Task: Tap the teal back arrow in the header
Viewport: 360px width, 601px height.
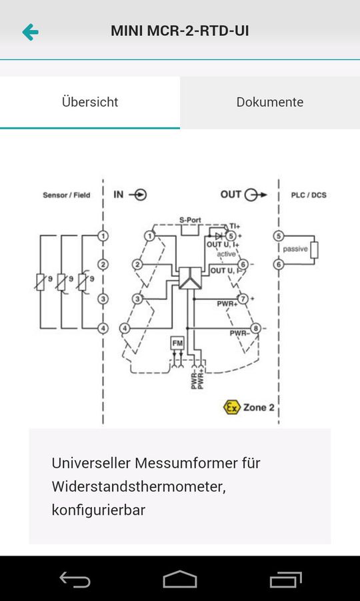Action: [30, 31]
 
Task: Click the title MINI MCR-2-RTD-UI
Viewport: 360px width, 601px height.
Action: [180, 31]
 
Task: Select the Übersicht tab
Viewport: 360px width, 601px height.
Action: [90, 102]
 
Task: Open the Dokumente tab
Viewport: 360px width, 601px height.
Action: [269, 102]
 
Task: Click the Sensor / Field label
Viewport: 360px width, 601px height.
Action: [66, 195]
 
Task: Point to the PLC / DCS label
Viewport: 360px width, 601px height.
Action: [309, 195]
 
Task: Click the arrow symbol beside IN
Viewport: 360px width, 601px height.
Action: [139, 195]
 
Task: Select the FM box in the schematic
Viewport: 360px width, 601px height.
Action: [177, 343]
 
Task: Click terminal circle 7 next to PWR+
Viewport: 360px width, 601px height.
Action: [244, 298]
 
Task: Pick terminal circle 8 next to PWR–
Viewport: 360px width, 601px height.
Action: [255, 328]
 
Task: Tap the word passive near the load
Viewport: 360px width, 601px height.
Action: [295, 249]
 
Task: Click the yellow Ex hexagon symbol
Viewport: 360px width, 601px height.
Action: [231, 407]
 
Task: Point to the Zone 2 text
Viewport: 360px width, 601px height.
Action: [259, 407]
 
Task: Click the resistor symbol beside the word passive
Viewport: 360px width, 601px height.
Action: [315, 250]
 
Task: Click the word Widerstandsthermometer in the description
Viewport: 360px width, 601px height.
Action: [139, 486]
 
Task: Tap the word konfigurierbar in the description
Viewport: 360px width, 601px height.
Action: [98, 510]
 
